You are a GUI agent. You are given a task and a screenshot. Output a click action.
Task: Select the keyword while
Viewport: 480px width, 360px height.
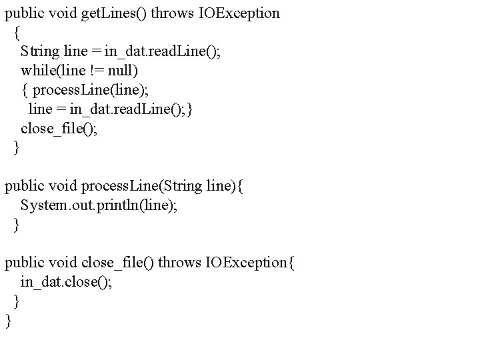(36, 70)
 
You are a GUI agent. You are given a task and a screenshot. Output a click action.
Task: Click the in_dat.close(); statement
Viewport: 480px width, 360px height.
(66, 282)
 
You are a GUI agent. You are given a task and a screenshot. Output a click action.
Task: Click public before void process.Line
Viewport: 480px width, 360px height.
(25, 187)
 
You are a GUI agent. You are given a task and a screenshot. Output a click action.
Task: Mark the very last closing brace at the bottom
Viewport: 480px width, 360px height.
(8, 321)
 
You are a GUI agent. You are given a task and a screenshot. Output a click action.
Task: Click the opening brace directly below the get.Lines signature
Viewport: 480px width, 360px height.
(17, 32)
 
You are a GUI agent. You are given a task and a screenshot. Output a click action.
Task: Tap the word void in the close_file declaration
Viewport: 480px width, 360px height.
(65, 263)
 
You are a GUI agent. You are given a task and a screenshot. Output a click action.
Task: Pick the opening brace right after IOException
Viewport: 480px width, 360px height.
(289, 263)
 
